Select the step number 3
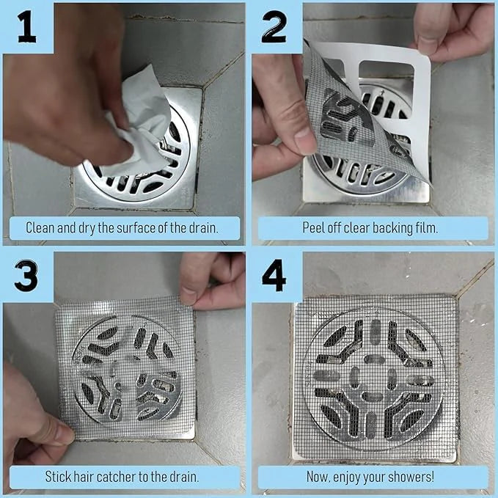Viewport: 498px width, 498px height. coord(26,276)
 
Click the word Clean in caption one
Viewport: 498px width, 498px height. coord(40,227)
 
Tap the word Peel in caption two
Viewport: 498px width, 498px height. coord(315,227)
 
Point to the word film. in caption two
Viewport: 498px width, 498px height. coord(425,227)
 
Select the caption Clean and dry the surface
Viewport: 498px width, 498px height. coord(122,227)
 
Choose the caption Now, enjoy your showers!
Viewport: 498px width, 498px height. coord(370,477)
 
